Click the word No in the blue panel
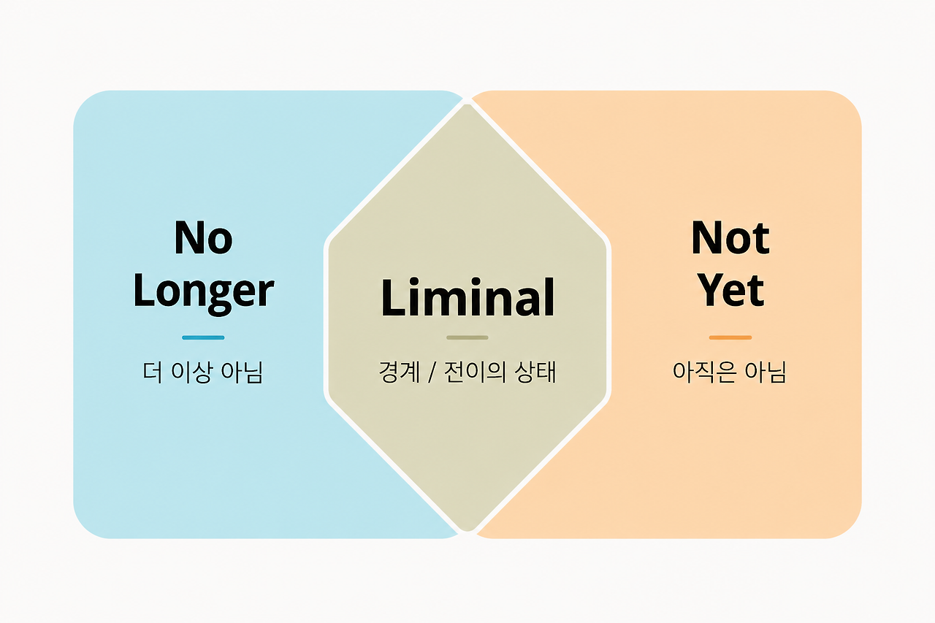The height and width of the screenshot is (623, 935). pyautogui.click(x=203, y=237)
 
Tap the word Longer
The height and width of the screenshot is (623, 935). pyautogui.click(x=203, y=293)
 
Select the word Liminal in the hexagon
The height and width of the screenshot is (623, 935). pyautogui.click(x=467, y=297)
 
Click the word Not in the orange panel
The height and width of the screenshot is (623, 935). pyautogui.click(x=730, y=237)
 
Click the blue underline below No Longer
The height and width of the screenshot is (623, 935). pyautogui.click(x=203, y=337)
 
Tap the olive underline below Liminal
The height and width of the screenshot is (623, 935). pyautogui.click(x=467, y=337)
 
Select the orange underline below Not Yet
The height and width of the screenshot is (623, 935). pyautogui.click(x=730, y=337)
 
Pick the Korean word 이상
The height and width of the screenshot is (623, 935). pyautogui.click(x=190, y=372)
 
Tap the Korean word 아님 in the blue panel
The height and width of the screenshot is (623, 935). pyautogui.click(x=242, y=372)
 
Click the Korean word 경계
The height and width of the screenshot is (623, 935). pyautogui.click(x=399, y=372)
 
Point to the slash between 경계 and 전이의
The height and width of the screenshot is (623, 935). pyautogui.click(x=432, y=372)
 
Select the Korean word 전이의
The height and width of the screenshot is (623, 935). pyautogui.click(x=475, y=372)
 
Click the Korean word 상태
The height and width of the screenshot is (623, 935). pyautogui.click(x=536, y=372)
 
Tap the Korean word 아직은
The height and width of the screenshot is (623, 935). pyautogui.click(x=703, y=372)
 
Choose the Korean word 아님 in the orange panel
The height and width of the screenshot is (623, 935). pyautogui.click(x=766, y=372)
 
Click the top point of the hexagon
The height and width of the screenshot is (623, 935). pyautogui.click(x=467, y=104)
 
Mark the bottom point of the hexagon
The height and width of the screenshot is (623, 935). pyautogui.click(x=467, y=531)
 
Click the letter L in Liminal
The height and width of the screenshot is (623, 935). pyautogui.click(x=393, y=297)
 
